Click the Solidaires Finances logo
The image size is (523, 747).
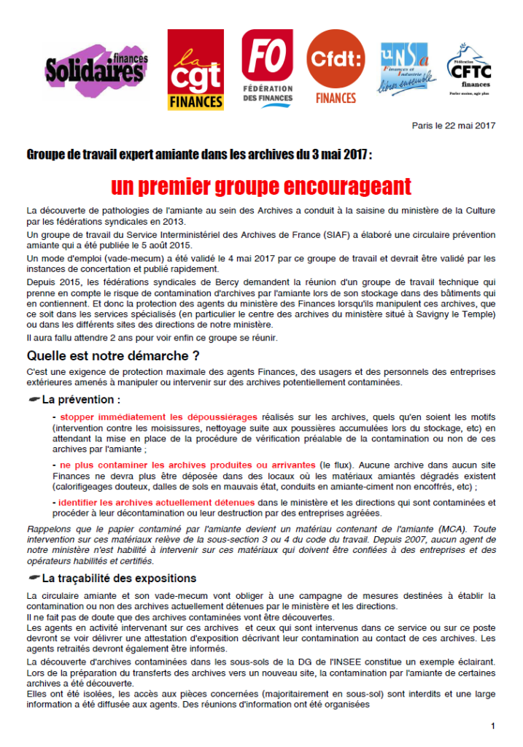click(96, 69)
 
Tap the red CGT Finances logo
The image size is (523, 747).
click(195, 70)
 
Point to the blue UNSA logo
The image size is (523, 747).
click(406, 70)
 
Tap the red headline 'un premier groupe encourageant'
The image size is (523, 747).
click(261, 187)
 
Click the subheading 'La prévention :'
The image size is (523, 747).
click(81, 400)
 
